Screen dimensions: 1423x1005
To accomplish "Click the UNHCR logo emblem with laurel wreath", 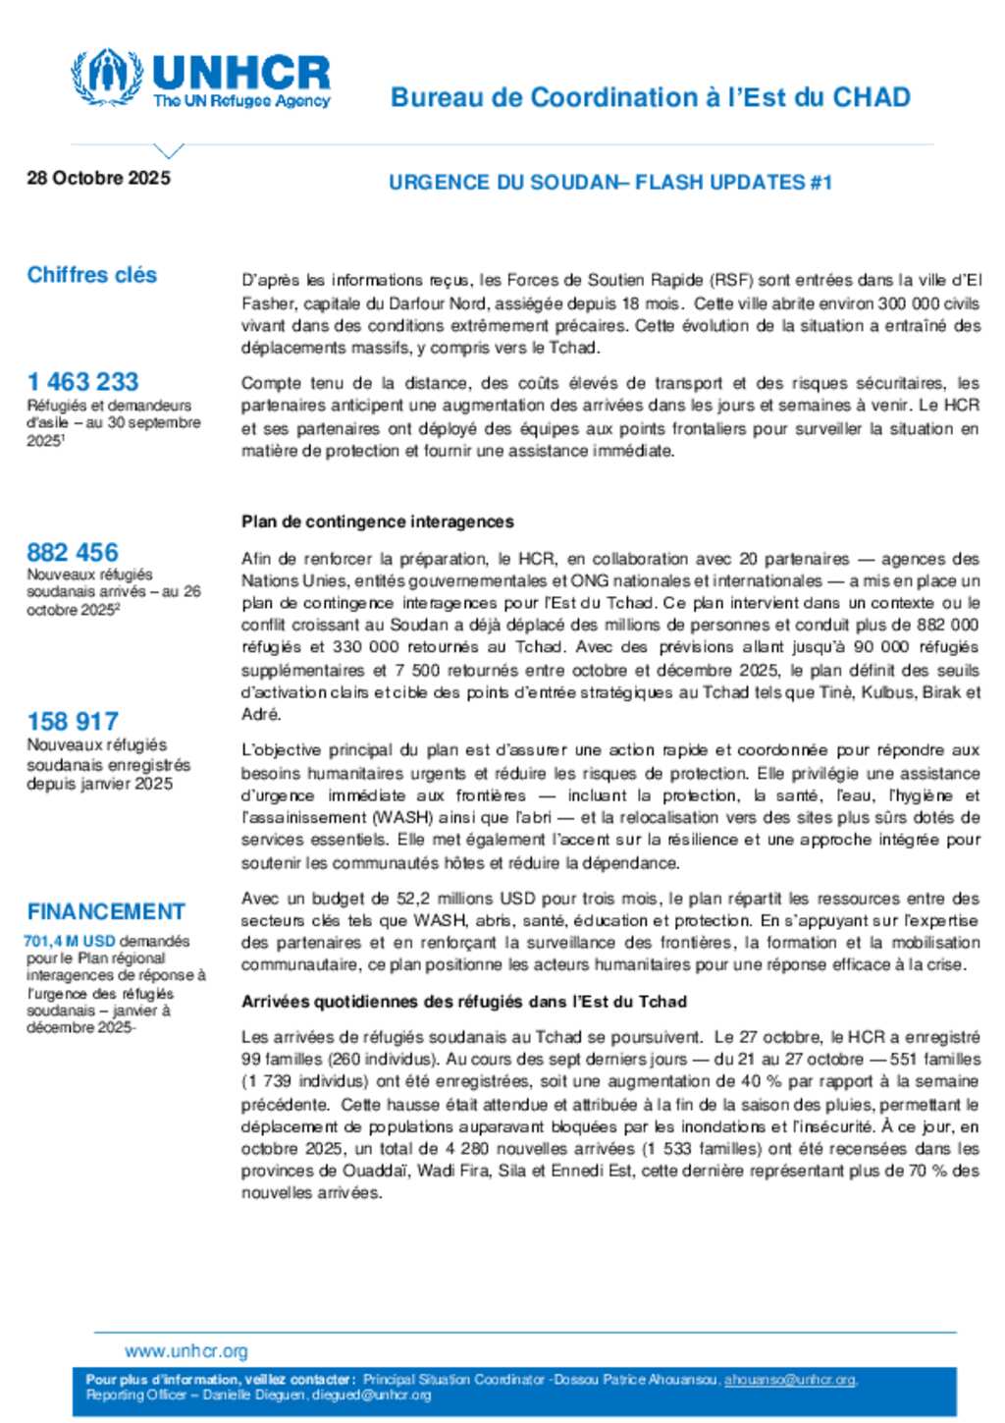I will pos(107,77).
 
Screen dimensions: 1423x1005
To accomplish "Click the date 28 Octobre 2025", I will pos(98,178).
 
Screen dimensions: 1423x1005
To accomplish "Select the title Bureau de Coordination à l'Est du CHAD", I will pos(650,97).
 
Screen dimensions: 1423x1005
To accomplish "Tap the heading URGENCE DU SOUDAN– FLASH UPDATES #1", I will pos(609,182).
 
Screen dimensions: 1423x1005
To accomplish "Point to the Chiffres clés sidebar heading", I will pos(92,275).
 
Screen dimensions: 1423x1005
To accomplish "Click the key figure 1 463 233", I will pos(82,381).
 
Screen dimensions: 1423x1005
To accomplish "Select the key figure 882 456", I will pos(73,552).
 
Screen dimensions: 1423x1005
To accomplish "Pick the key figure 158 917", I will pos(73,721).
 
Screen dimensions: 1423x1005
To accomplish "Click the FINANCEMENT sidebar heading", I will pos(106,911).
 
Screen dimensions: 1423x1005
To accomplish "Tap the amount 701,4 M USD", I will pos(70,941).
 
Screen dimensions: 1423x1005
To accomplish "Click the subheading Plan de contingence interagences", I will pos(378,521).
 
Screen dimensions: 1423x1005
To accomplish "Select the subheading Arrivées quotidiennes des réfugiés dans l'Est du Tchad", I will pos(464,1002).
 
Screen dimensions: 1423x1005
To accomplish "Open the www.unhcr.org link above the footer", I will pos(186,1351).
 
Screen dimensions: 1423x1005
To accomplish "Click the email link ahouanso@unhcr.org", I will pos(789,1380).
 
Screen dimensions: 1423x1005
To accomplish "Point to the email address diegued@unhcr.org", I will pos(372,1395).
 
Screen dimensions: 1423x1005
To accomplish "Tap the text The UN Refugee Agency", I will pos(241,100).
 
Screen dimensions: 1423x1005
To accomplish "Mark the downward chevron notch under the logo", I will pos(169,151).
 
